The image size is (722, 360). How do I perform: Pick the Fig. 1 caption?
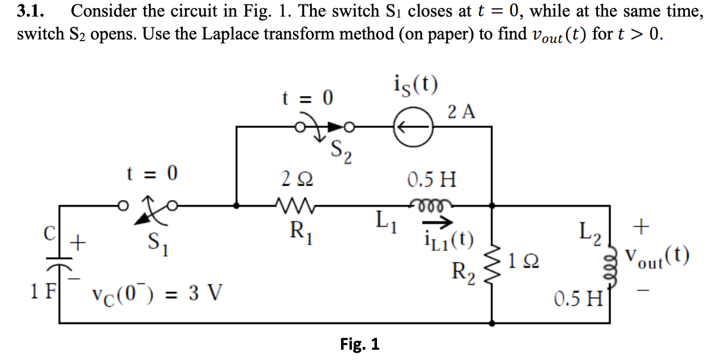[360, 345]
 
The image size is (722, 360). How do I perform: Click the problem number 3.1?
[31, 11]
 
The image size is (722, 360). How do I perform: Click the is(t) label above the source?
[416, 85]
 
